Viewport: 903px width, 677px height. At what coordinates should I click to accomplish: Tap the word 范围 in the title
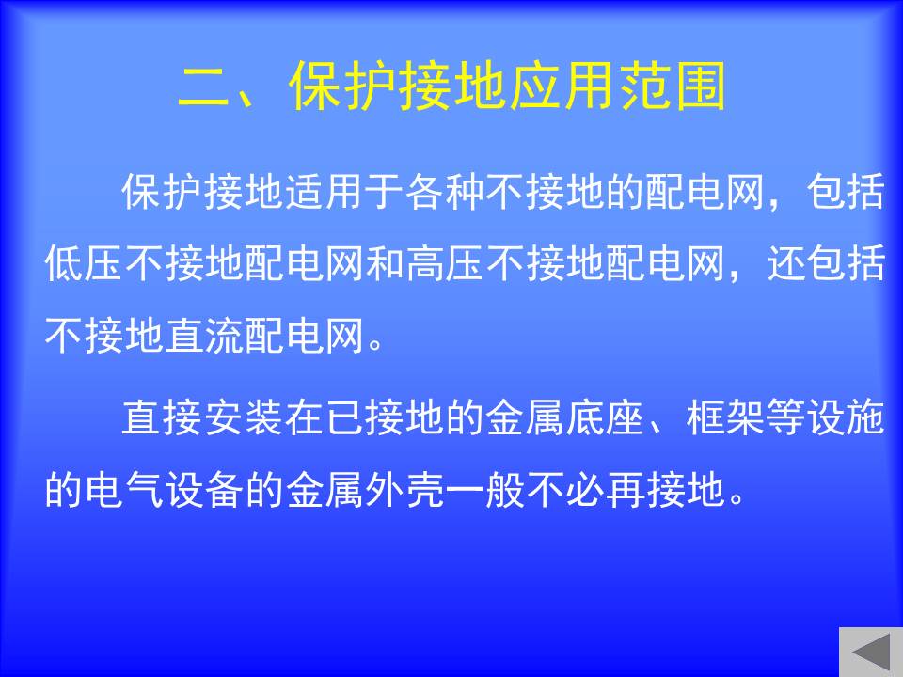pos(673,87)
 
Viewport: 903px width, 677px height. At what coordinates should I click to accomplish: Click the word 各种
pos(446,192)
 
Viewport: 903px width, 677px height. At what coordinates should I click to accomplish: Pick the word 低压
pos(85,263)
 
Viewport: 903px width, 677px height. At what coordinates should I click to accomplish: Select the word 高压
pos(446,263)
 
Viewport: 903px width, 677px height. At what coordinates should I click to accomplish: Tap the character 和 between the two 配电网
pos(386,263)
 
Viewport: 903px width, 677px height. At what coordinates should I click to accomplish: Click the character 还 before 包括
pos(786,263)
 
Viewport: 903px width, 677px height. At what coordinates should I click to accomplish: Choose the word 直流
pos(206,335)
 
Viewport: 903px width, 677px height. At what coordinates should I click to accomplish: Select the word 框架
pos(726,417)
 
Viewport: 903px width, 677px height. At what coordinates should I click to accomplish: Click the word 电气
pos(125,490)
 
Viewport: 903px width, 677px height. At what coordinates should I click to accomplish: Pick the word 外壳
pos(406,490)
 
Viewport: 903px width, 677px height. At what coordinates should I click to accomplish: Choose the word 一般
pos(486,490)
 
